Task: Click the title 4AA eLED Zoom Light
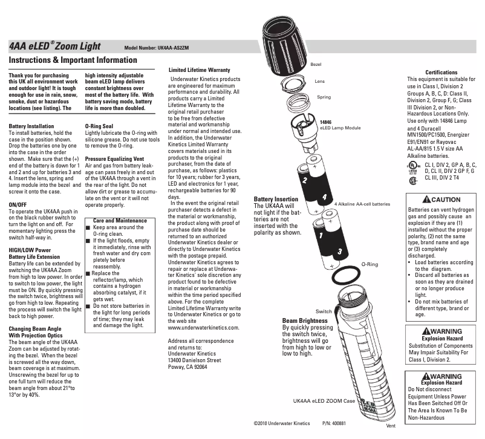point(54,47)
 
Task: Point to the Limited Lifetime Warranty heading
point(199,71)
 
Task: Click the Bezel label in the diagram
point(316,63)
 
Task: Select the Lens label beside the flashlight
point(320,80)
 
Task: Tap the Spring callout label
point(324,97)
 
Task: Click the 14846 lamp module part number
point(326,122)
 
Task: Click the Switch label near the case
point(323,311)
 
